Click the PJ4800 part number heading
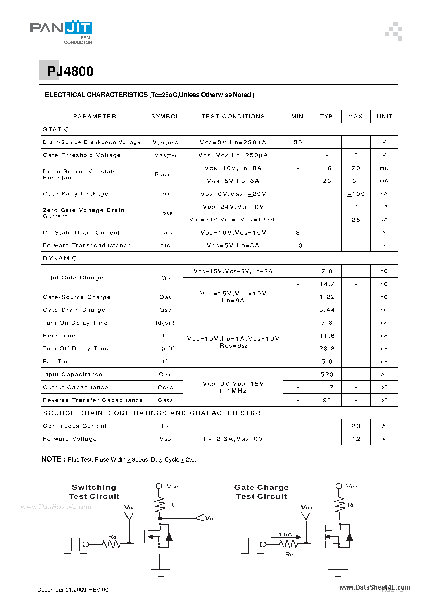70,71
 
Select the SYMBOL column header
165,116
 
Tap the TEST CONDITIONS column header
233,116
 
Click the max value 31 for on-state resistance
356,181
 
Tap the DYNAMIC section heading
60,258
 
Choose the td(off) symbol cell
165,348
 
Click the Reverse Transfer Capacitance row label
93,400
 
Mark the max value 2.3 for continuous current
356,426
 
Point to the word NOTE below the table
51,459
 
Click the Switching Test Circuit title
94,492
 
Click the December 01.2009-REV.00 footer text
73,590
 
